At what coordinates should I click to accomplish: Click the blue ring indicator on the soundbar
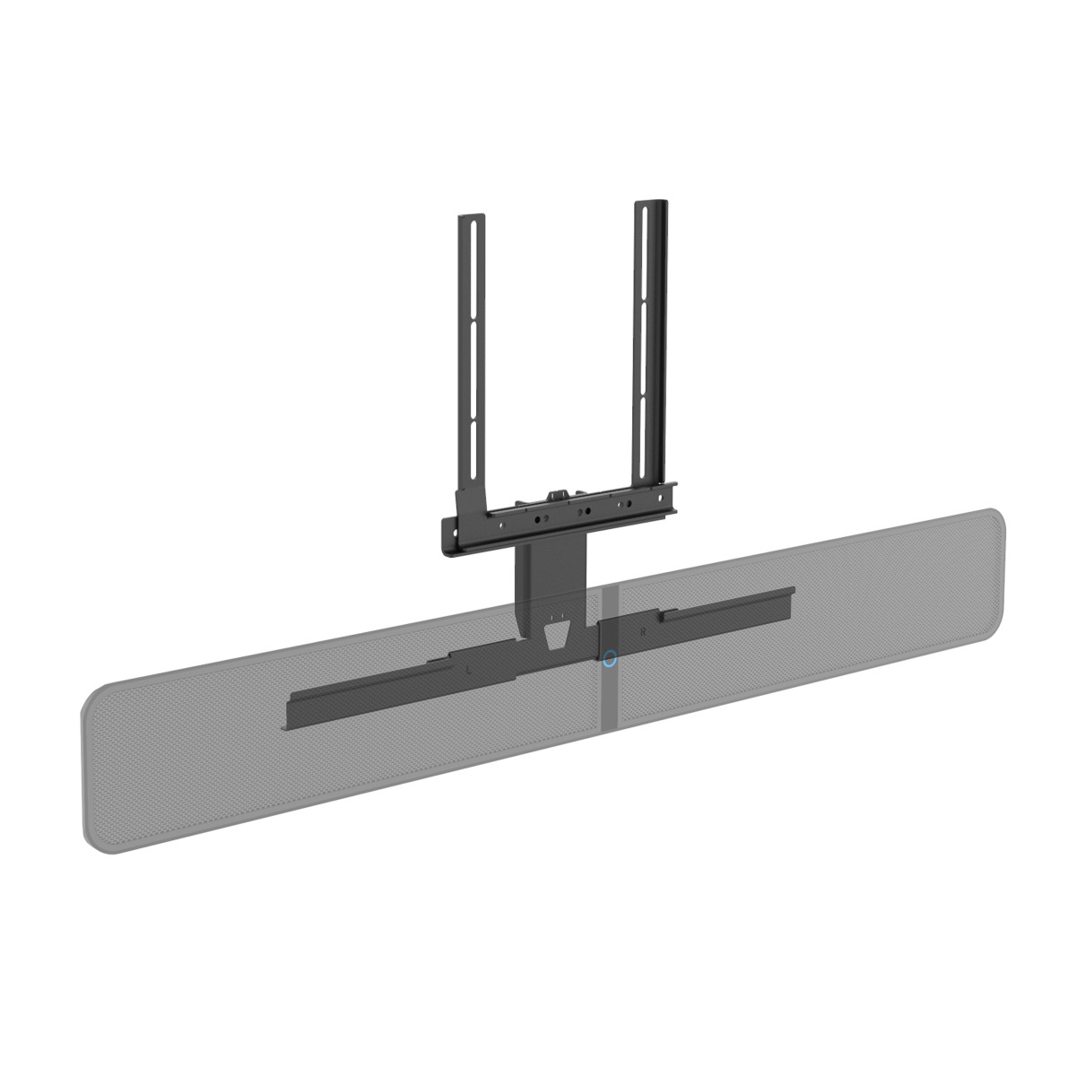click(x=611, y=658)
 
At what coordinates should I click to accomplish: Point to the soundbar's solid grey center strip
click(x=610, y=699)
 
